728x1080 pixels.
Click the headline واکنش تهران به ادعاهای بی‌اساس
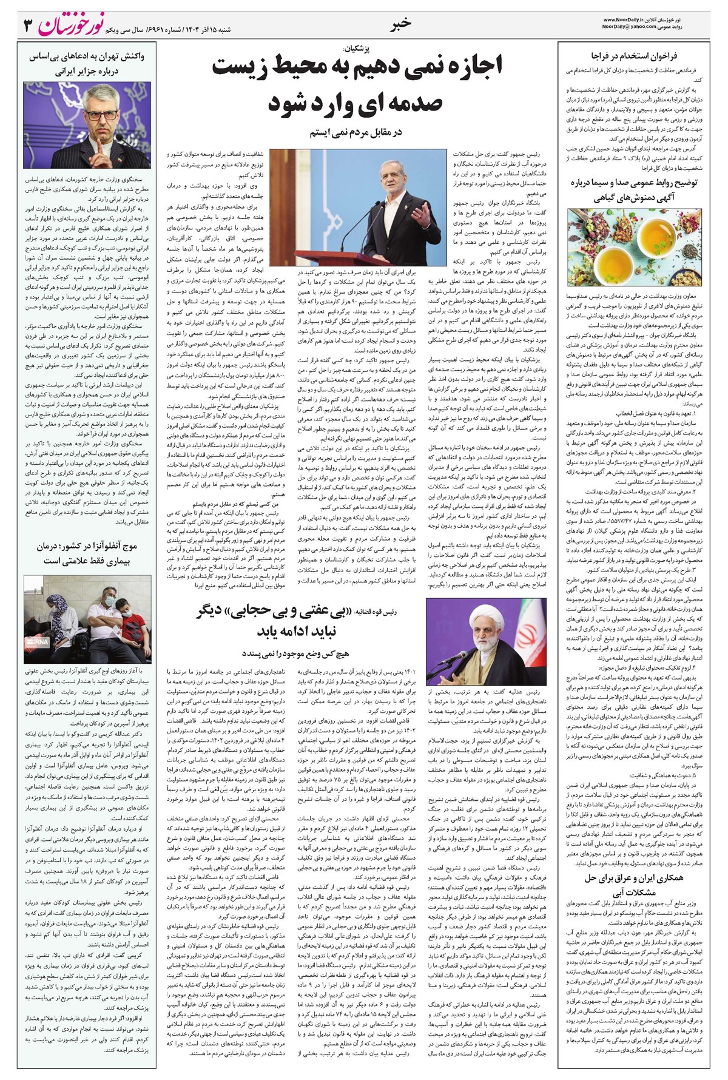[87, 56]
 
